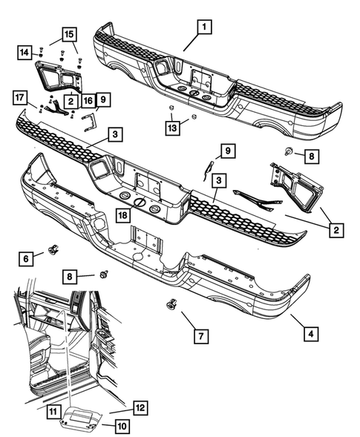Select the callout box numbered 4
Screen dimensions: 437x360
click(x=310, y=334)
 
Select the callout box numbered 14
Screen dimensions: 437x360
click(x=24, y=52)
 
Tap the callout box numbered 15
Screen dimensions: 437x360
click(x=68, y=36)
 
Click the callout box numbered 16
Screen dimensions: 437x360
click(x=88, y=101)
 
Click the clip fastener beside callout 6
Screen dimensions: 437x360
click(x=53, y=249)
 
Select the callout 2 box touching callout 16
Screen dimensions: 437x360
click(x=70, y=101)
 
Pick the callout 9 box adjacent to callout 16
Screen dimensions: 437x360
click(x=102, y=98)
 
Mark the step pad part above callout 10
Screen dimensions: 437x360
click(x=79, y=418)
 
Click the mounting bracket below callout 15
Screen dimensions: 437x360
click(x=57, y=78)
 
